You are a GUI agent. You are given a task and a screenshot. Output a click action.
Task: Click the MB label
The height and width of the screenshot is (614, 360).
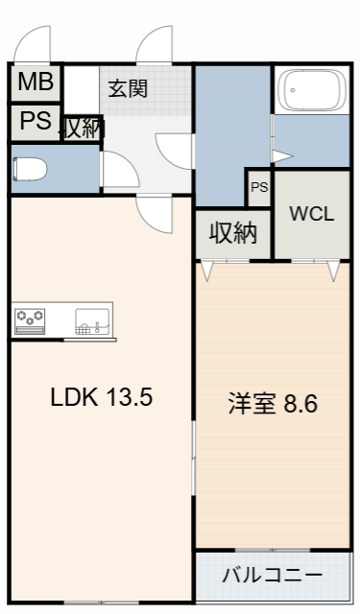pyautogui.click(x=35, y=83)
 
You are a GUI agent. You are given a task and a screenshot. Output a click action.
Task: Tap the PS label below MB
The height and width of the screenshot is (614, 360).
pyautogui.click(x=35, y=123)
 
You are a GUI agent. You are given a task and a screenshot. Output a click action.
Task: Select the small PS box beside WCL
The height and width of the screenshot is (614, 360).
pyautogui.click(x=259, y=188)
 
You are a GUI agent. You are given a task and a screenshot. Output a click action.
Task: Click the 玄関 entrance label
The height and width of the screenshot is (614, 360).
pyautogui.click(x=127, y=90)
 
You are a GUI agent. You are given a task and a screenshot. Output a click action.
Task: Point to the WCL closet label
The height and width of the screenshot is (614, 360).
pyautogui.click(x=312, y=214)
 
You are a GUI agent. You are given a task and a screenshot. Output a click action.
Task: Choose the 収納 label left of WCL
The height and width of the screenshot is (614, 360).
pyautogui.click(x=233, y=233)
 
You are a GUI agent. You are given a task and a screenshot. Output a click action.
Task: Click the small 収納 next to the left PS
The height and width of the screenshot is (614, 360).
pyautogui.click(x=82, y=128)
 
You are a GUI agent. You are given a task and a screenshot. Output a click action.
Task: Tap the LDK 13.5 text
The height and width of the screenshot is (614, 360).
pyautogui.click(x=102, y=396)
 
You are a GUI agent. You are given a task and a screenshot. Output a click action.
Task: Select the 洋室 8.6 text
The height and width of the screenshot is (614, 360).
pyautogui.click(x=273, y=403)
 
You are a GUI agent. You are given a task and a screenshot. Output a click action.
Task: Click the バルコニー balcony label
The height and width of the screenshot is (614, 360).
pyautogui.click(x=273, y=577)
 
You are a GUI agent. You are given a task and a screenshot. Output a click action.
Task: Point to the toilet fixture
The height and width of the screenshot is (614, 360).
pyautogui.click(x=31, y=169)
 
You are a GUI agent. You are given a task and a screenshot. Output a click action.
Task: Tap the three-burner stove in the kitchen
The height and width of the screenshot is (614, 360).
pyautogui.click(x=31, y=319)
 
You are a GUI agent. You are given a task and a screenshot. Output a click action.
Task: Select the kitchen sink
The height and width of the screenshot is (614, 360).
pyautogui.click(x=91, y=320)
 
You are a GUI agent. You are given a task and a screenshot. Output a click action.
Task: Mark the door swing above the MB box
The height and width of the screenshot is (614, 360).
pyautogui.click(x=35, y=45)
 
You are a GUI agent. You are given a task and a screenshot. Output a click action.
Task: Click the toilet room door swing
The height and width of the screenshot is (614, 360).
pyautogui.click(x=119, y=170)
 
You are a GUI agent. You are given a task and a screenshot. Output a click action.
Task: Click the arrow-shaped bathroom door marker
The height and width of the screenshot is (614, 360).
pyautogui.click(x=281, y=155)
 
